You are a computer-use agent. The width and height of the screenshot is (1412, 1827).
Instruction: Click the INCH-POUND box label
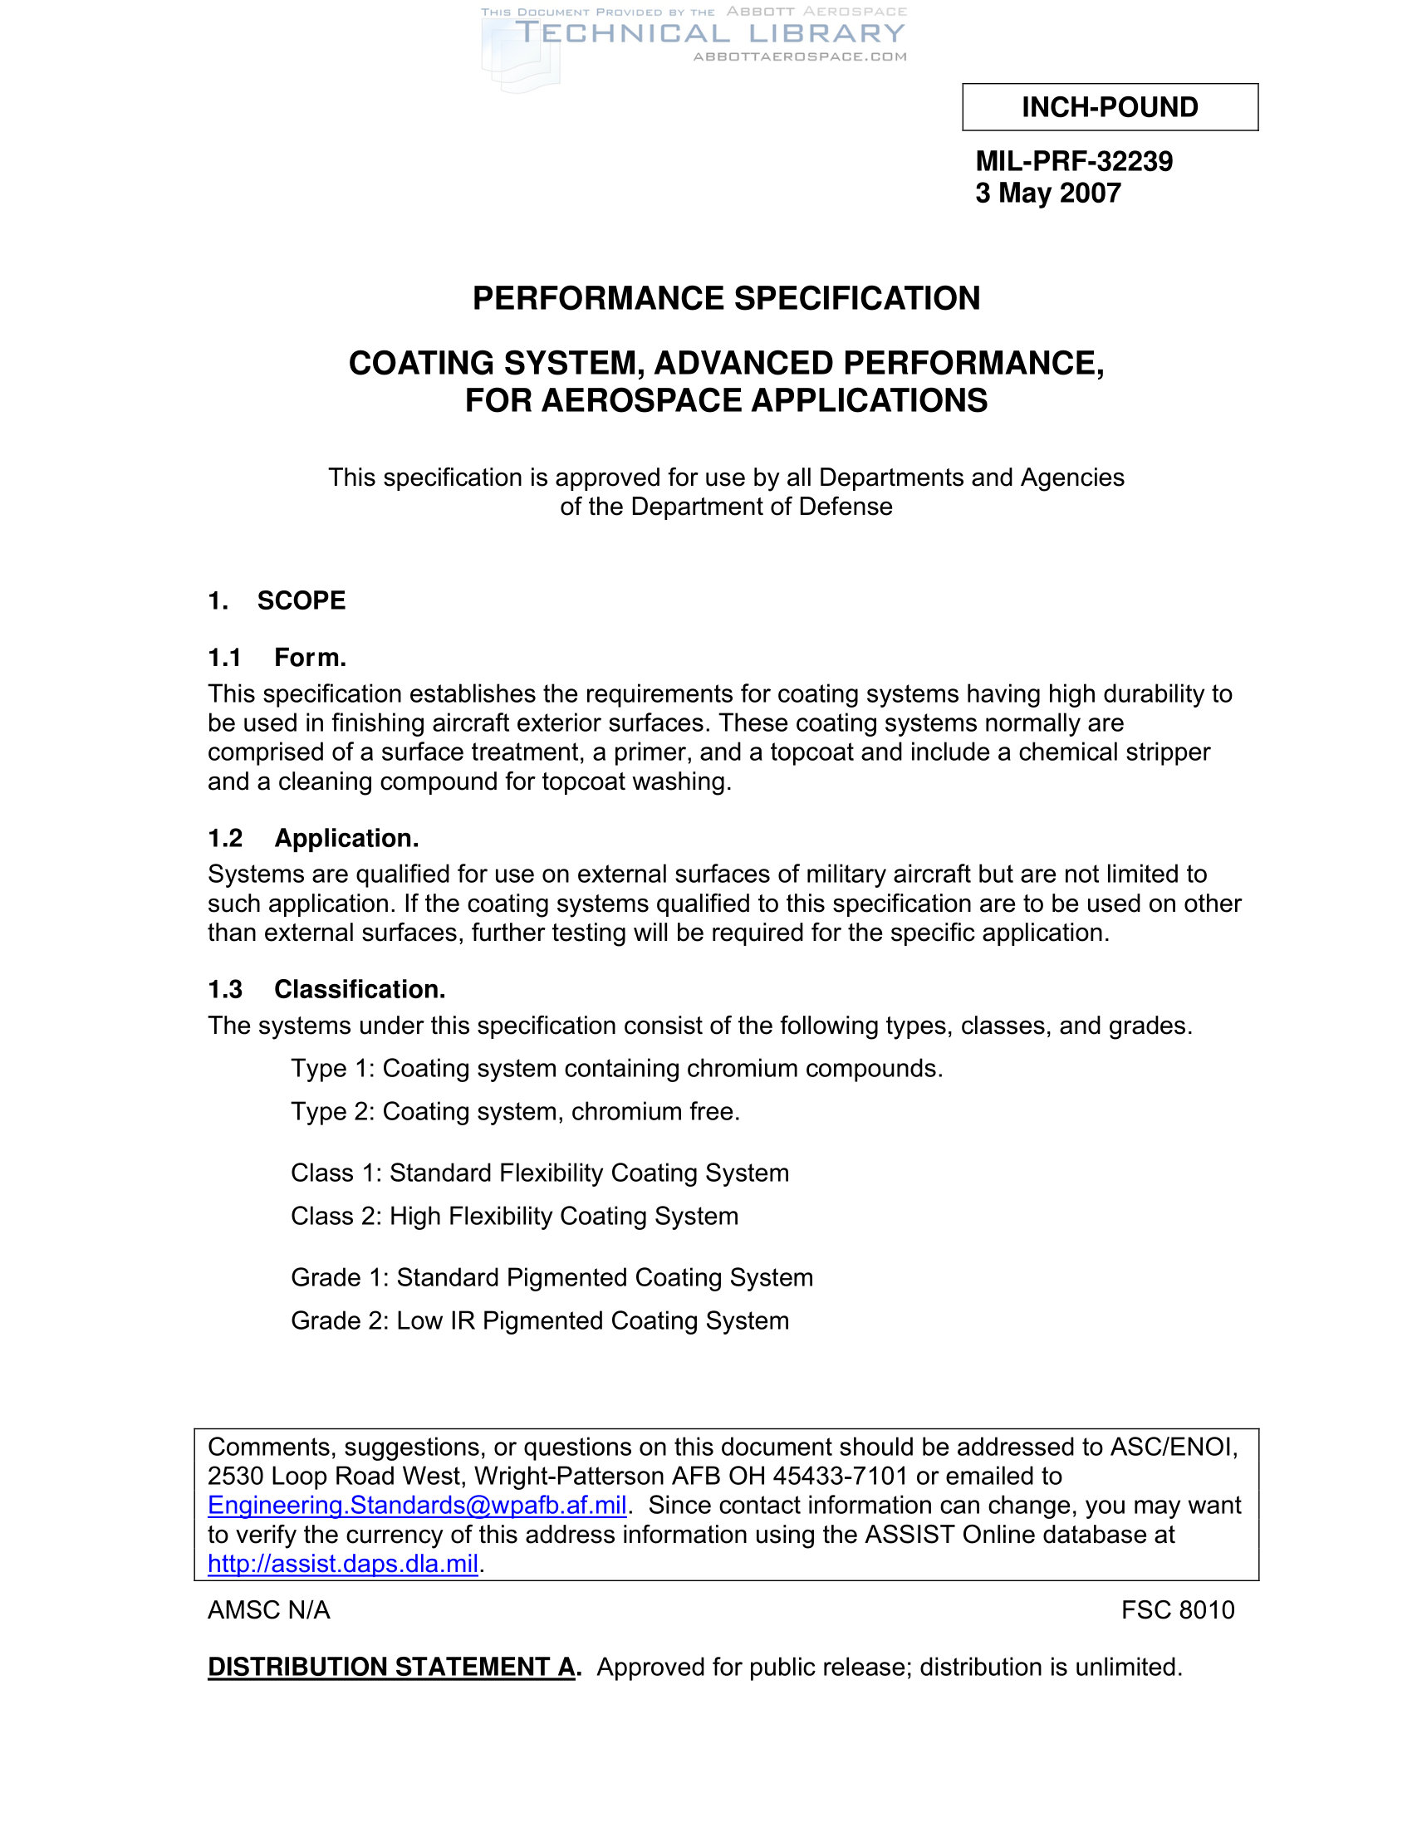[x=1109, y=107]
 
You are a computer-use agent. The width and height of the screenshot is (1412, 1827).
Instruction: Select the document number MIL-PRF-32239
[x=1073, y=160]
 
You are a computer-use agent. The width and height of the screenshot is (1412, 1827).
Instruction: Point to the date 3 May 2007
[x=1047, y=193]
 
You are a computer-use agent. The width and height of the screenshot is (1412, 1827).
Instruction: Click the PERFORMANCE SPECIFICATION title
[x=726, y=299]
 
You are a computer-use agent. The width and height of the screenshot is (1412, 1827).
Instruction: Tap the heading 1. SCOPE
[x=277, y=600]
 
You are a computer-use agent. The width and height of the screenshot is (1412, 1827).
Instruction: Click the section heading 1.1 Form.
[x=277, y=658]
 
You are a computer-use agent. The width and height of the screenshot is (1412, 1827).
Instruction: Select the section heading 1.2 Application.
[x=313, y=838]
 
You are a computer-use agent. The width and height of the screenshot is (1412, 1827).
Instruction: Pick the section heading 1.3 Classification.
[x=326, y=989]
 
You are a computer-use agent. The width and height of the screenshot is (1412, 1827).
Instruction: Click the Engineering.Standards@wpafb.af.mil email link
[x=417, y=1506]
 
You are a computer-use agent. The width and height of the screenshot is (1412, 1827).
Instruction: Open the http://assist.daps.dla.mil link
[x=343, y=1564]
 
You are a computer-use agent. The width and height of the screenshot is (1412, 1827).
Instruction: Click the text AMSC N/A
[x=268, y=1609]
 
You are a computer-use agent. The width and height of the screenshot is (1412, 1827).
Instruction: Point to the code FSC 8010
[x=1178, y=1609]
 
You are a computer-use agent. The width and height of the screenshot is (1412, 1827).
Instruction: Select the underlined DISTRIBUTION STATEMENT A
[x=390, y=1667]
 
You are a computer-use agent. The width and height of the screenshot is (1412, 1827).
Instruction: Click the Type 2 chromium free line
[x=515, y=1112]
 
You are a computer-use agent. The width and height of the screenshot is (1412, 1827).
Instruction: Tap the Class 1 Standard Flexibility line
[x=540, y=1173]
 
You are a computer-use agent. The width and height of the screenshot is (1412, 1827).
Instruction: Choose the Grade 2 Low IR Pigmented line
[x=540, y=1321]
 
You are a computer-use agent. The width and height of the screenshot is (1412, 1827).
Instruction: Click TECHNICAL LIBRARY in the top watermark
[x=710, y=34]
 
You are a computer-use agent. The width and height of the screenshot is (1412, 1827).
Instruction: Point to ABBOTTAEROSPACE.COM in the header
[x=800, y=56]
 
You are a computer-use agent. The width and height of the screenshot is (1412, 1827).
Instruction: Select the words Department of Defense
[x=761, y=507]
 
